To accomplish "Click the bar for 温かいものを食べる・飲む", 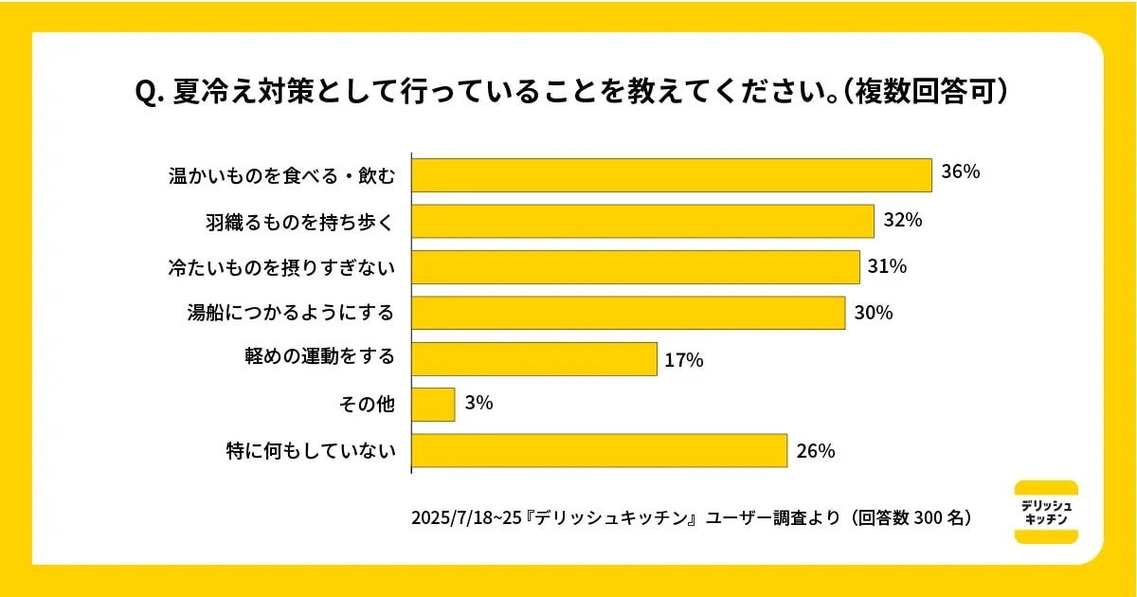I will pyautogui.click(x=672, y=175).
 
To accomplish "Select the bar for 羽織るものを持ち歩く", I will pyautogui.click(x=642, y=221).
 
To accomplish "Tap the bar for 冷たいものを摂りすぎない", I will pyautogui.click(x=635, y=266).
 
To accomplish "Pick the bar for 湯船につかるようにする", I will pyautogui.click(x=628, y=313).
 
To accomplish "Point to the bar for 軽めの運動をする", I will pyautogui.click(x=534, y=359).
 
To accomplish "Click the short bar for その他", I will pyautogui.click(x=433, y=405).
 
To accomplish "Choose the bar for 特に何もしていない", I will pyautogui.click(x=599, y=451).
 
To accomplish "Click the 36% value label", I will pyautogui.click(x=960, y=172).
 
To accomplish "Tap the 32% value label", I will pyautogui.click(x=902, y=220).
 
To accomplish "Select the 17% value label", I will pyautogui.click(x=683, y=360).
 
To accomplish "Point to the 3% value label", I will pyautogui.click(x=478, y=404).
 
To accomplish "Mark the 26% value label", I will pyautogui.click(x=815, y=451).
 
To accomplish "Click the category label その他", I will pyautogui.click(x=367, y=406).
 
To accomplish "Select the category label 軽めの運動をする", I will pyautogui.click(x=319, y=358).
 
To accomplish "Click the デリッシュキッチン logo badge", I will pyautogui.click(x=1046, y=513).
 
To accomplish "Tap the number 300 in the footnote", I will pyautogui.click(x=929, y=518).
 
